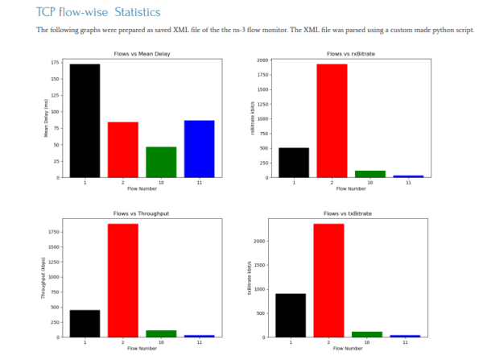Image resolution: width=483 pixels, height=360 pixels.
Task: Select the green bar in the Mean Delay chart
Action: click(x=161, y=162)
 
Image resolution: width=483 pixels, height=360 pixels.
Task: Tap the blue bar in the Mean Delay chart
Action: click(x=199, y=149)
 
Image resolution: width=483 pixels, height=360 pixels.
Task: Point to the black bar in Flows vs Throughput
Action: click(x=85, y=323)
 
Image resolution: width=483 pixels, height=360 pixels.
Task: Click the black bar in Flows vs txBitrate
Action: click(x=291, y=315)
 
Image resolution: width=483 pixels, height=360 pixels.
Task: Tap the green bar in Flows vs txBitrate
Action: click(x=366, y=334)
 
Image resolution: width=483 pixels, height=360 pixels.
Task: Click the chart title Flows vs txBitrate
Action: click(x=348, y=214)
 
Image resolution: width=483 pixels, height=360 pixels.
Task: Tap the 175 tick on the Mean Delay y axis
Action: click(x=53, y=62)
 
